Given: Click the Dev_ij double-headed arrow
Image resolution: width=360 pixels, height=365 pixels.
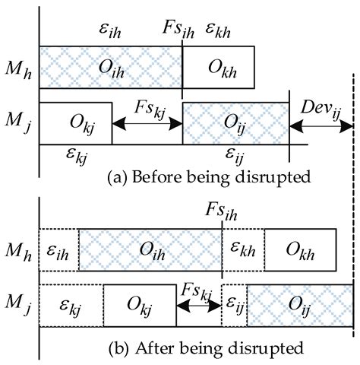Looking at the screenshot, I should (321, 122).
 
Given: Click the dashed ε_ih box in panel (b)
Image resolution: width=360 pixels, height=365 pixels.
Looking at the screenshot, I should (58, 249).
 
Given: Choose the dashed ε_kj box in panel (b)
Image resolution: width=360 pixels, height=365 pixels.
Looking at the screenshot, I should (71, 303).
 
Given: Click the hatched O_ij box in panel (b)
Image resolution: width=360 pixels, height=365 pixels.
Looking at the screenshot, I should (299, 303).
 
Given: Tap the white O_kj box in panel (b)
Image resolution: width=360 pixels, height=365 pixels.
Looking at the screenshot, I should (139, 303).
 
